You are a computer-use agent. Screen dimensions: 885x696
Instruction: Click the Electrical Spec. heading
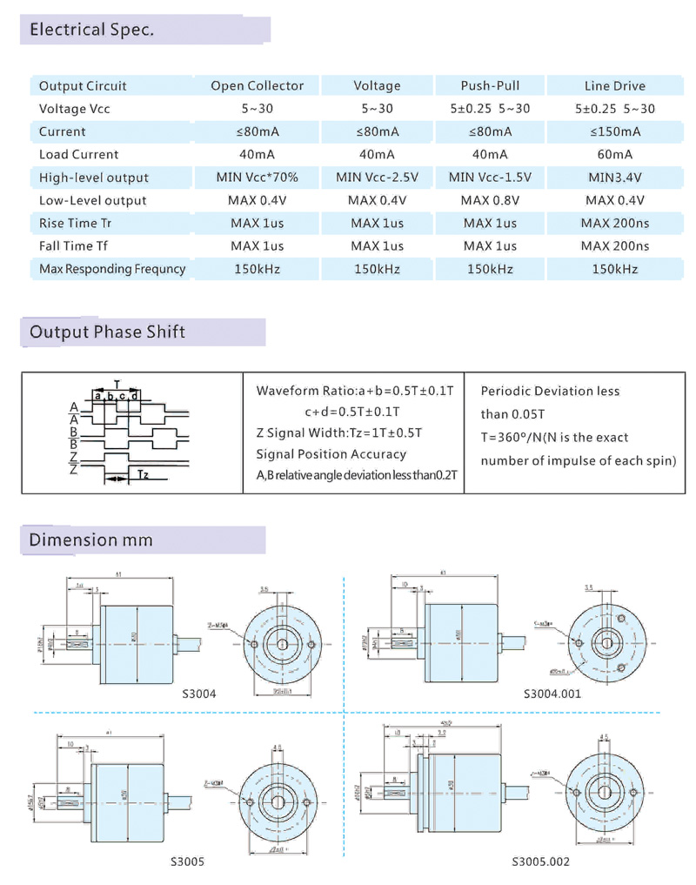point(91,30)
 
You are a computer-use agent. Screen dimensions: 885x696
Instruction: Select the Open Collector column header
point(258,85)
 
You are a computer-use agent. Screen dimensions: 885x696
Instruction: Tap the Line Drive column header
point(615,85)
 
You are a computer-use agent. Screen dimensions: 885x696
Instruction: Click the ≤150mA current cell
point(615,131)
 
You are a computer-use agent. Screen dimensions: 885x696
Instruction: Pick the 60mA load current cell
point(615,154)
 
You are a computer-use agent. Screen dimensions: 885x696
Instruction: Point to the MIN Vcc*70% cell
point(258,178)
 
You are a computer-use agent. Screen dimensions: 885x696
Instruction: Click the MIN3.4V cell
point(615,178)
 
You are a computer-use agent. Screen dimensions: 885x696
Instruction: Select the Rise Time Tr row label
point(76,223)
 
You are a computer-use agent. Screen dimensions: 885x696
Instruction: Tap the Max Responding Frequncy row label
point(112,269)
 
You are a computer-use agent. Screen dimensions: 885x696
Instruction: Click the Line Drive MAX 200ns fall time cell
point(615,246)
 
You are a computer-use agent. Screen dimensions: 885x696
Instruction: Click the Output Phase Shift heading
point(107,332)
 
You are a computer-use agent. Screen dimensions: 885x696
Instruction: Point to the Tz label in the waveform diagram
point(143,474)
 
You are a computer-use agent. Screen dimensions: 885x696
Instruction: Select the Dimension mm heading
point(90,540)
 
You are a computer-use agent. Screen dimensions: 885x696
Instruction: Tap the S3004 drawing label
point(199,694)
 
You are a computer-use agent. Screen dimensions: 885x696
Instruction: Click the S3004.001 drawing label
point(552,694)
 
